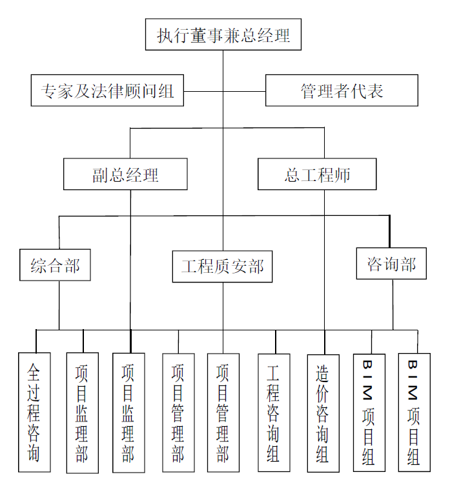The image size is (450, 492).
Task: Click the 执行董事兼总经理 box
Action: click(223, 34)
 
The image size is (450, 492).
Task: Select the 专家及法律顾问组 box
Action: click(107, 91)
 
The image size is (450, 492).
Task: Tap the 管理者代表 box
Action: click(342, 91)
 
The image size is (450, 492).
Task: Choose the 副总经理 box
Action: click(125, 174)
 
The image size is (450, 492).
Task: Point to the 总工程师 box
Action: click(317, 174)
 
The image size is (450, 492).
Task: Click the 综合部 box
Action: click(55, 265)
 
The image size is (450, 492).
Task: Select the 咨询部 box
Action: click(391, 264)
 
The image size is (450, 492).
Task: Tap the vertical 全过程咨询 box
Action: click(34, 412)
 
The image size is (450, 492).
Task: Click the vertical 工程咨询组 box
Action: click(274, 412)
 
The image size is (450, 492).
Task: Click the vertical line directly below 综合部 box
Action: click(59, 304)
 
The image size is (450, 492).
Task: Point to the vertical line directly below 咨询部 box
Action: click(393, 304)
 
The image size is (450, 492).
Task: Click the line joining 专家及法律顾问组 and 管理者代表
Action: click(223, 91)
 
